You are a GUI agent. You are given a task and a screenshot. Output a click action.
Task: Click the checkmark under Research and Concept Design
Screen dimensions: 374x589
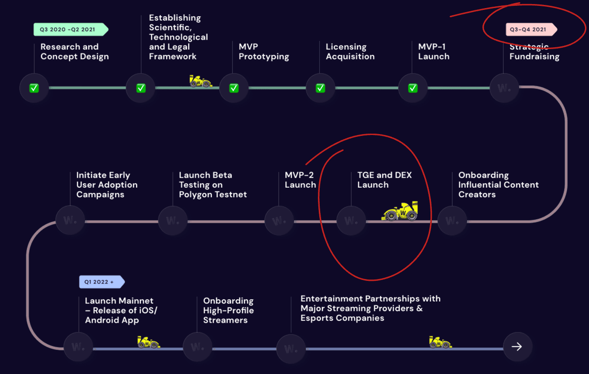34,88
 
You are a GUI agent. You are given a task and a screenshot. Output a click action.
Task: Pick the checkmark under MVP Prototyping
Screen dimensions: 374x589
234,88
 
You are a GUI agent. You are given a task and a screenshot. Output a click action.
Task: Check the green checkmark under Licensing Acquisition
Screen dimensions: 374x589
320,88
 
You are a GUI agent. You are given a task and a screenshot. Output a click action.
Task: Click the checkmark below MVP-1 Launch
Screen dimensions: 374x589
412,88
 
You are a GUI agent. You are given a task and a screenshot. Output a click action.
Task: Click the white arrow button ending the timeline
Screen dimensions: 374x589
517,347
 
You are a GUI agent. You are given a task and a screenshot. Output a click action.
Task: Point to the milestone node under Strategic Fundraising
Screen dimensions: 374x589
504,88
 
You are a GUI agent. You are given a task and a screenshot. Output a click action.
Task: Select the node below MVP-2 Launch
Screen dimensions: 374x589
279,221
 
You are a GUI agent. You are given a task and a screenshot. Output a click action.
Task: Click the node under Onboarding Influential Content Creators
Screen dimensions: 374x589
452,221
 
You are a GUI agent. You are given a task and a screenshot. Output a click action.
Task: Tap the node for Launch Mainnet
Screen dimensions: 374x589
78,347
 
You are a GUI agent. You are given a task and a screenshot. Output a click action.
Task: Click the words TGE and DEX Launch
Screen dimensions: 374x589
384,180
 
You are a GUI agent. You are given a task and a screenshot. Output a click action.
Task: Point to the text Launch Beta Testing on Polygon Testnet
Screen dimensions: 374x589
213,185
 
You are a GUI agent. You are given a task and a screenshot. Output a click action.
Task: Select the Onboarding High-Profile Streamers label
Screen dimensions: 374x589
228,311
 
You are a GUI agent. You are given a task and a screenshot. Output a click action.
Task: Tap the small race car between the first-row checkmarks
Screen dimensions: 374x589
200,81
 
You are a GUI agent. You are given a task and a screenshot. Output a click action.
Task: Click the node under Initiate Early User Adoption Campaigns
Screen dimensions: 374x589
70,221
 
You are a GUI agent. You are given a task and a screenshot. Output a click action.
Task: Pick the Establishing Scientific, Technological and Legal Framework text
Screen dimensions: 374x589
178,37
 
